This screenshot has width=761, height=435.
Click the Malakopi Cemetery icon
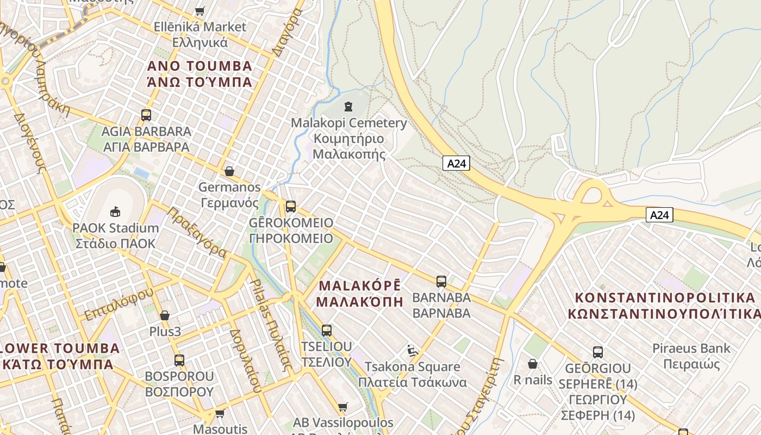point(348,107)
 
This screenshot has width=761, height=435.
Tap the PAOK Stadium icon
point(115,211)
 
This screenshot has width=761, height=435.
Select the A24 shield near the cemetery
point(456,163)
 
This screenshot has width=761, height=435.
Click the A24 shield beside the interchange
point(659,215)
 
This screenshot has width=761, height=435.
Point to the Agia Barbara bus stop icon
point(146,115)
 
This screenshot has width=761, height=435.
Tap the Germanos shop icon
point(229,171)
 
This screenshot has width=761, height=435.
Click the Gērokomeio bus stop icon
point(291,207)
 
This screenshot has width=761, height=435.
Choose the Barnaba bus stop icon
point(441,282)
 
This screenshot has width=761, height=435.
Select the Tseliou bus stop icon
point(326,330)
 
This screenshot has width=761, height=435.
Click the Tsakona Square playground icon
point(413,351)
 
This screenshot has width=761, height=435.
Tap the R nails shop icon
point(533,363)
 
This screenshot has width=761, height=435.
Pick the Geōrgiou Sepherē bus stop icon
point(597,352)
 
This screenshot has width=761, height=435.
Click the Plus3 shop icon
point(165,315)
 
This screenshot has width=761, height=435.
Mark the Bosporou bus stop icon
point(179,360)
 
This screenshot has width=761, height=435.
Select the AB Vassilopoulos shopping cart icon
point(342,407)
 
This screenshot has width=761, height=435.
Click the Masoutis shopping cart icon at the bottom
point(220,413)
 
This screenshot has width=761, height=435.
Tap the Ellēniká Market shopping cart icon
point(199,11)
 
